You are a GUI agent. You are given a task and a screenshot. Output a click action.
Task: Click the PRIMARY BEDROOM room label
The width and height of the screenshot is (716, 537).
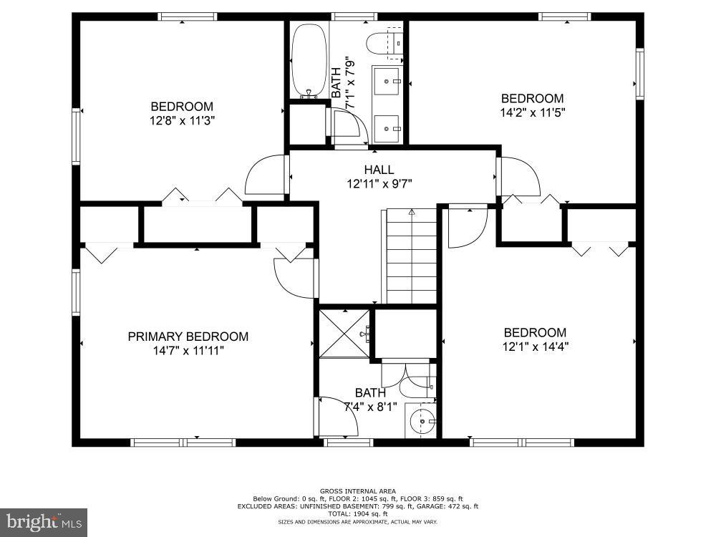(x=188, y=337)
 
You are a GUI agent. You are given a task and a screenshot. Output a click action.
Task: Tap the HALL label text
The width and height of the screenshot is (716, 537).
(x=379, y=170)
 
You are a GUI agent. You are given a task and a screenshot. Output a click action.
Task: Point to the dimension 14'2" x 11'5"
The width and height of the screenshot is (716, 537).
(x=532, y=112)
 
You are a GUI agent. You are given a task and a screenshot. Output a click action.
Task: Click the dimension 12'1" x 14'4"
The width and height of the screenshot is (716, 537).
(x=535, y=347)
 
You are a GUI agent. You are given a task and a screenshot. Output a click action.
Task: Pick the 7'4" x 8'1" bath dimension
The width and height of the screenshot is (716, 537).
(x=370, y=407)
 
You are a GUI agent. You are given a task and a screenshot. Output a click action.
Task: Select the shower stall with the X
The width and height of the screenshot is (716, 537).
(x=344, y=333)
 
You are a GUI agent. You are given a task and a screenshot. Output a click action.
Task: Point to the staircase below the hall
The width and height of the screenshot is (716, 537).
(x=412, y=256)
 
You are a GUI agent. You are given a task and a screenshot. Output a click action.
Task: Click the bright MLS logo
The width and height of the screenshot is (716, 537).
(x=44, y=522)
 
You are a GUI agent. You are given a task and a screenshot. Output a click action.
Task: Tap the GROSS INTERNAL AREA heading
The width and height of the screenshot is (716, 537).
(x=357, y=491)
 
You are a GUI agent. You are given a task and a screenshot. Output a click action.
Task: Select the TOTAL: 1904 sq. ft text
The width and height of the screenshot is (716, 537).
(x=357, y=513)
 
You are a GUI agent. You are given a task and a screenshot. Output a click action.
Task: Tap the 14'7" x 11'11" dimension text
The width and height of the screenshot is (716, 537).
(x=188, y=351)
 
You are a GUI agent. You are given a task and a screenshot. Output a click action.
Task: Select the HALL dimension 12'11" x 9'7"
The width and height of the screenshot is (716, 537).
(x=379, y=183)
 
